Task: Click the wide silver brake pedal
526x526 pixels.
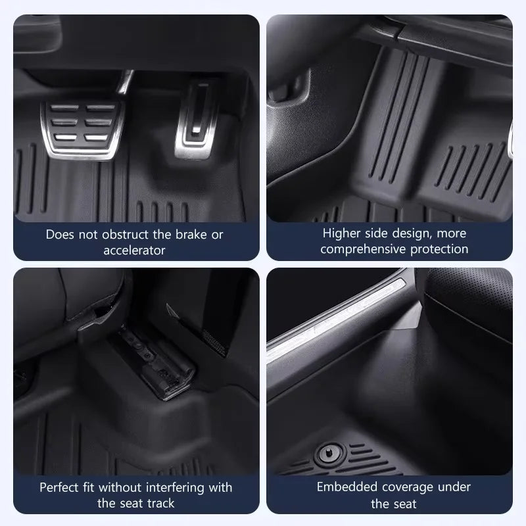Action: (x=83, y=130)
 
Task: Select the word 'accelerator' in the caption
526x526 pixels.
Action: (x=134, y=251)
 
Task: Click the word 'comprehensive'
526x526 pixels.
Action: (x=363, y=249)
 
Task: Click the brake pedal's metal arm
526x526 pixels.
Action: (x=125, y=82)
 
